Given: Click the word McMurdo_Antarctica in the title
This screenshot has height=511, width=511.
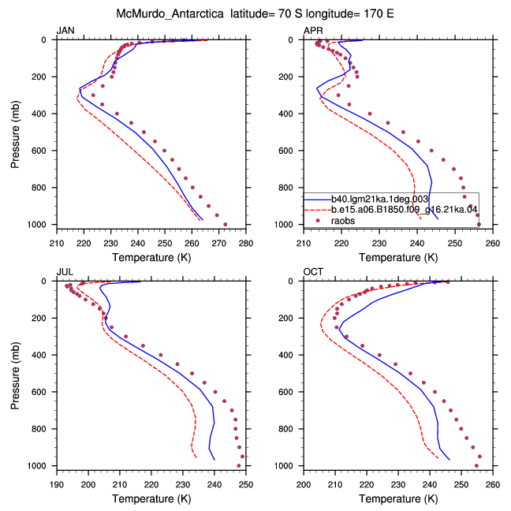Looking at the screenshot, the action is tap(170, 13).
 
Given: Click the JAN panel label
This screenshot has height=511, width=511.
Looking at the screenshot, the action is tap(65, 31).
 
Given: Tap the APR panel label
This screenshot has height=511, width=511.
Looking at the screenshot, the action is tap(313, 31).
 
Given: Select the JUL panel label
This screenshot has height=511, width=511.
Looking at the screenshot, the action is tap(65, 272).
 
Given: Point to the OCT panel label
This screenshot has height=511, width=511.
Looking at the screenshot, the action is tap(313, 272).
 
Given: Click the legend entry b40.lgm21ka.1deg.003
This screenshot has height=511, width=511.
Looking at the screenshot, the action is tap(379, 200).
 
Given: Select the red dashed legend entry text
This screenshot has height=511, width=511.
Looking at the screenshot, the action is tap(404, 210).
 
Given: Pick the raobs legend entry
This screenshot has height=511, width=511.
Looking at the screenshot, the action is tap(343, 221).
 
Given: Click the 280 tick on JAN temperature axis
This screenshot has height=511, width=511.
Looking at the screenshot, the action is tap(246, 244).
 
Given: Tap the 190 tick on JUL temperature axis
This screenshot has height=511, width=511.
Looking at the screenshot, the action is tap(57, 485).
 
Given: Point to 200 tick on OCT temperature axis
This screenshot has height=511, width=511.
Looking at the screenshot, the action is tap(304, 485).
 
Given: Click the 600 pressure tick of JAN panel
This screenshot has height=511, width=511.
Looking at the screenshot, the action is tap(39, 151).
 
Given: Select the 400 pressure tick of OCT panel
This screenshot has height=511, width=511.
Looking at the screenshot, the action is tap(285, 355).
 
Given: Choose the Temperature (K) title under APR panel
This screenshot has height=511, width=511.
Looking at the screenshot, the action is tap(398, 257).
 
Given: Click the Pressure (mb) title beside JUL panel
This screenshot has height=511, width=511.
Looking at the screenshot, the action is tap(15, 375).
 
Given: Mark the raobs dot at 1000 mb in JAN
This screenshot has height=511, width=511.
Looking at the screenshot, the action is tap(226, 224).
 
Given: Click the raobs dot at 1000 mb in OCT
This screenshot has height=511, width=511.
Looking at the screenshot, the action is tap(476, 466).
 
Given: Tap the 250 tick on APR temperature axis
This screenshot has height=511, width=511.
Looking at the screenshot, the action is tap(455, 244).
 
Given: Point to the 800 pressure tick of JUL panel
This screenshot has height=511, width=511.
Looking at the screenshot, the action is tap(39, 429).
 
